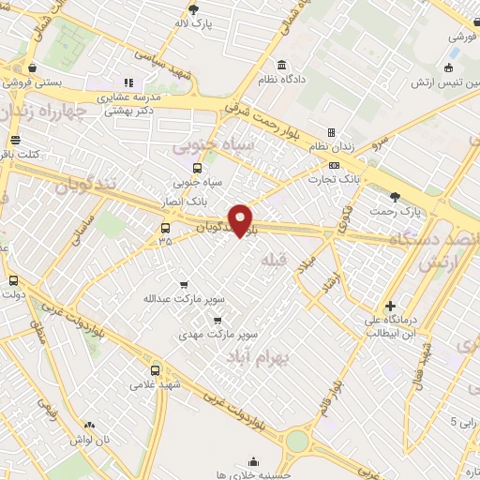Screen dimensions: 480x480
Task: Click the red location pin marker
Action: [241, 219]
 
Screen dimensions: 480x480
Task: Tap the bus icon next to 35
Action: [166, 228]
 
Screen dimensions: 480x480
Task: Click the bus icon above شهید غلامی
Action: [155, 368]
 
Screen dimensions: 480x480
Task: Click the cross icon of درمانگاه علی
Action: [390, 306]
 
